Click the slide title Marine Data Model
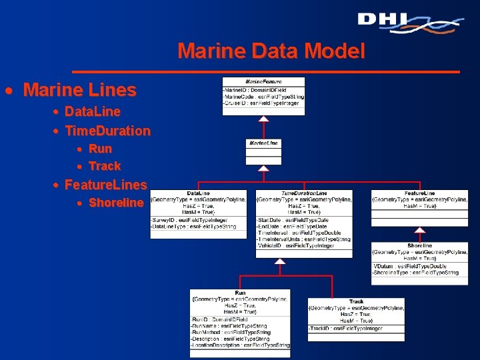tap(271, 51)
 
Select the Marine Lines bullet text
tap(79, 89)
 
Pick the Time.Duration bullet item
tap(107, 131)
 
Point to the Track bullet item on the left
tap(105, 166)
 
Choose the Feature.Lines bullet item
tap(105, 184)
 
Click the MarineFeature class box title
tap(263, 81)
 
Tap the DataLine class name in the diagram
tap(199, 193)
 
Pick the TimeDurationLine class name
tap(304, 193)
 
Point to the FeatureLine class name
tap(419, 193)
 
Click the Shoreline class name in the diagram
tap(419, 245)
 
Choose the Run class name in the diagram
tap(240, 293)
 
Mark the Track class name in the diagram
tap(357, 301)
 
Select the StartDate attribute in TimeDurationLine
tap(293, 220)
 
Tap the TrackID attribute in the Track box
tap(346, 329)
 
